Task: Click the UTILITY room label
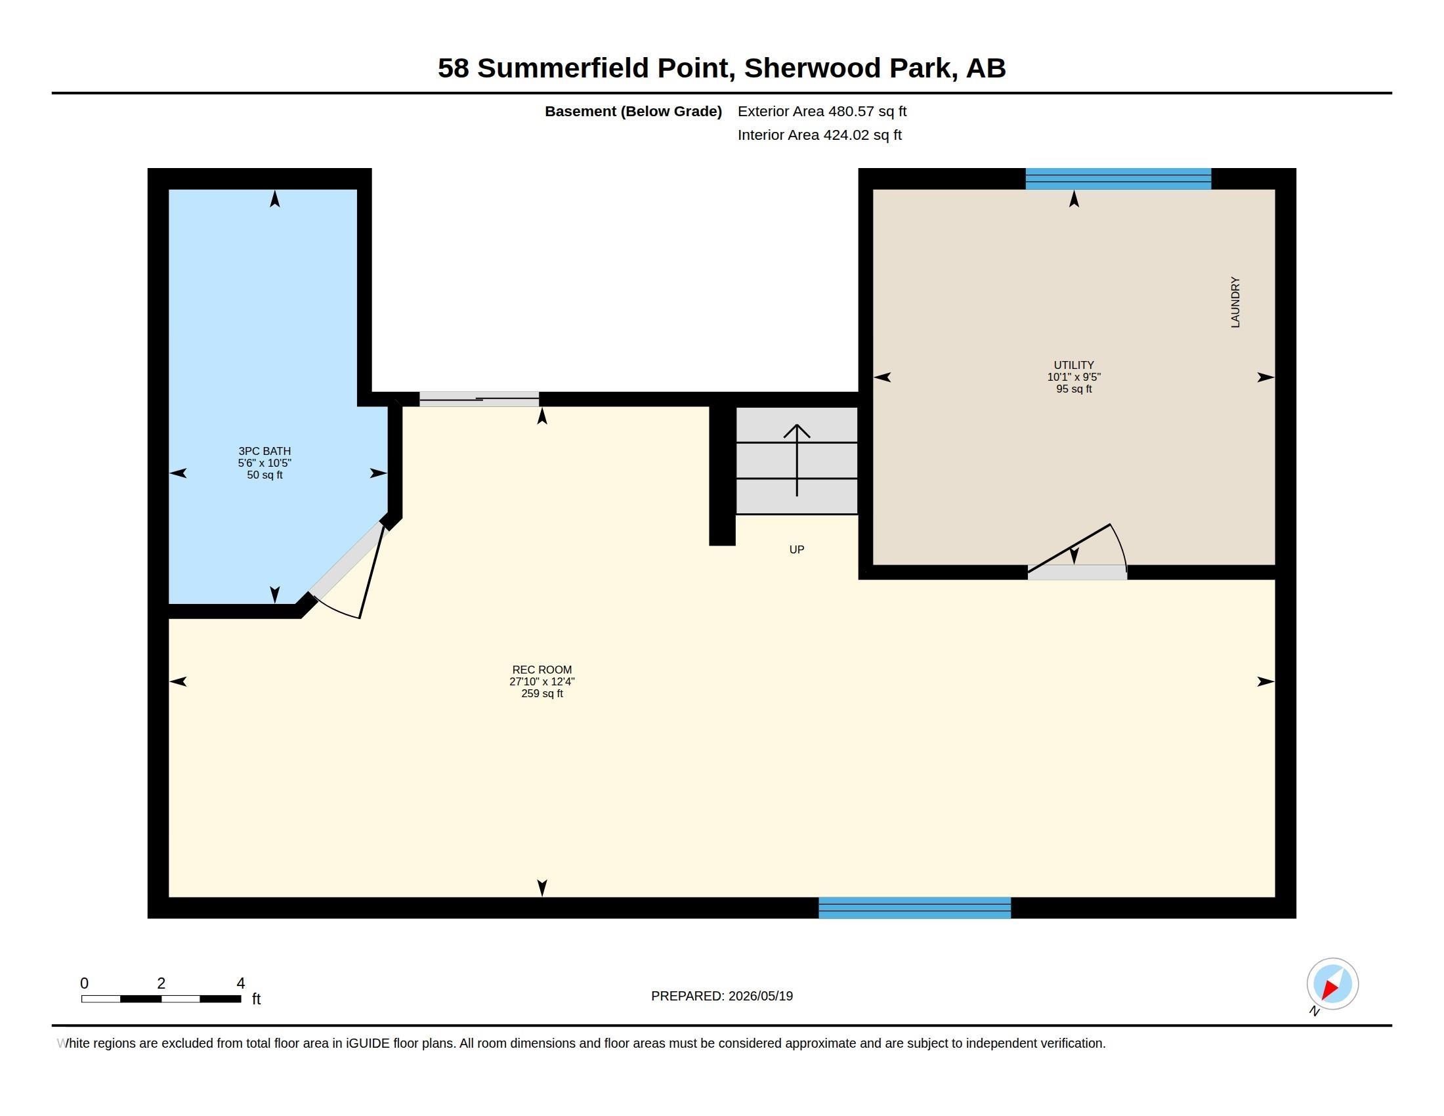1074,365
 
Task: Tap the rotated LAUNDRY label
1235,302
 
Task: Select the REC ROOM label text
541,670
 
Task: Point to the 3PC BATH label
265,451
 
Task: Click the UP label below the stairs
797,549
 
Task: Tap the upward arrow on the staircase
797,460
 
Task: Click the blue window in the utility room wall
1118,179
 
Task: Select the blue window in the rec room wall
914,908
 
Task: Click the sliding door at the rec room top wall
478,398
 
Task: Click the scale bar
161,998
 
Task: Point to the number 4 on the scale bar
241,983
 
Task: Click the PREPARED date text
722,996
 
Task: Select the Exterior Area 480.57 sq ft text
822,111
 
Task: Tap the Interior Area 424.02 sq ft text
819,135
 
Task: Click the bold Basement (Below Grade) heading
633,111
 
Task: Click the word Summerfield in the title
563,68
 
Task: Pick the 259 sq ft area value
541,693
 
